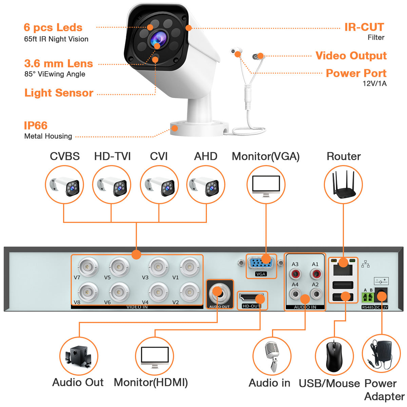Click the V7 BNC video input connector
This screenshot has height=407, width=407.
(x=88, y=267)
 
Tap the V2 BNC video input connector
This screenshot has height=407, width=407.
(x=189, y=292)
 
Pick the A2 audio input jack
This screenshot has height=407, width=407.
(x=316, y=293)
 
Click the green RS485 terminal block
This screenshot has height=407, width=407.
(x=368, y=297)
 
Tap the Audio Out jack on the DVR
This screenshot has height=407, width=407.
(x=219, y=293)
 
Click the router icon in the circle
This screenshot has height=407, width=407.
(x=343, y=185)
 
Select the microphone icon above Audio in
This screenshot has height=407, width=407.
(x=272, y=356)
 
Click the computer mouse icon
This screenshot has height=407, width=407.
(x=334, y=356)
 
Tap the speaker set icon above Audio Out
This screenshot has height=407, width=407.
(x=79, y=356)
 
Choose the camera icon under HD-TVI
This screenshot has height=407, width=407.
(x=112, y=185)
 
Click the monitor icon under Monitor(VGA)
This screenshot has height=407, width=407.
(x=266, y=185)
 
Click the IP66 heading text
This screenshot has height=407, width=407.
(x=36, y=125)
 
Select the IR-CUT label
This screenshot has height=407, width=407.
(x=364, y=27)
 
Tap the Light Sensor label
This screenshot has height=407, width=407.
(x=59, y=93)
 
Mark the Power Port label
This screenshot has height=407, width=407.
(x=356, y=73)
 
